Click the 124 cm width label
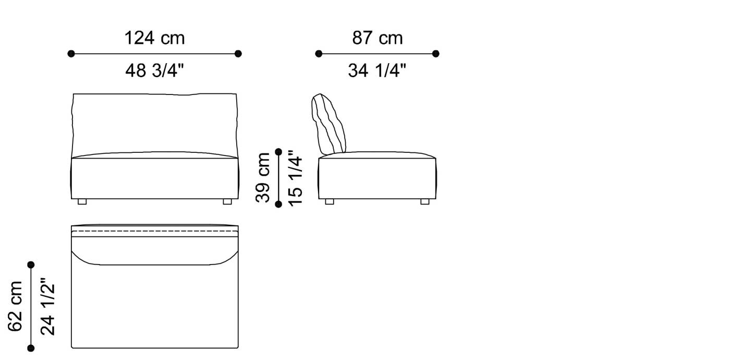coord(154,38)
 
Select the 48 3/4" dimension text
coord(154,70)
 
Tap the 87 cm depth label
coord(377,38)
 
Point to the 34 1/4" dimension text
coord(377,70)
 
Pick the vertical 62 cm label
coord(16,306)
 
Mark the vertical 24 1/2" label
coord(47,306)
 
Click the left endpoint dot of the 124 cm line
coord(71,53)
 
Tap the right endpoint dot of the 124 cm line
coord(238,53)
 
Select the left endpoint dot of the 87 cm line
coord(319,53)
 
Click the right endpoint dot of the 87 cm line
coord(436,53)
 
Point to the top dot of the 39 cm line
coord(278,152)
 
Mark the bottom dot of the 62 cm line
coord(31,348)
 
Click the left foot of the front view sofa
coord(82,201)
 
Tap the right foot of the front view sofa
coord(227,201)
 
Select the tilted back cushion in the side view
coord(328,124)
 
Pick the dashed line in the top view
coord(154,231)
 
